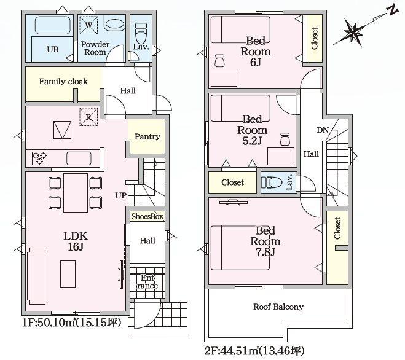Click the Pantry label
coord(147,136)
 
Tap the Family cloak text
coord(63,82)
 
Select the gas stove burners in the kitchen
coord(39,158)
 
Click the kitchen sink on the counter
coord(79,158)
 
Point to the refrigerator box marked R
coord(88,117)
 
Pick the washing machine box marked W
coord(88,25)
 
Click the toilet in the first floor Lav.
coord(141,33)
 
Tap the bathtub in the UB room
coord(53,25)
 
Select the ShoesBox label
coord(147,216)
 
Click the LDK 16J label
coord(76,241)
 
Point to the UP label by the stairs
coord(120,195)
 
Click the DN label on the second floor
coord(323,130)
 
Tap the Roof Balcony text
coord(278,307)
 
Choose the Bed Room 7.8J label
coord(265,241)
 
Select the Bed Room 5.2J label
coord(253,130)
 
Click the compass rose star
coord(354,32)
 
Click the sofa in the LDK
coord(37,276)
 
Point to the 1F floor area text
coord(71,323)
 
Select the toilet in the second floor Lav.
coord(272,182)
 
